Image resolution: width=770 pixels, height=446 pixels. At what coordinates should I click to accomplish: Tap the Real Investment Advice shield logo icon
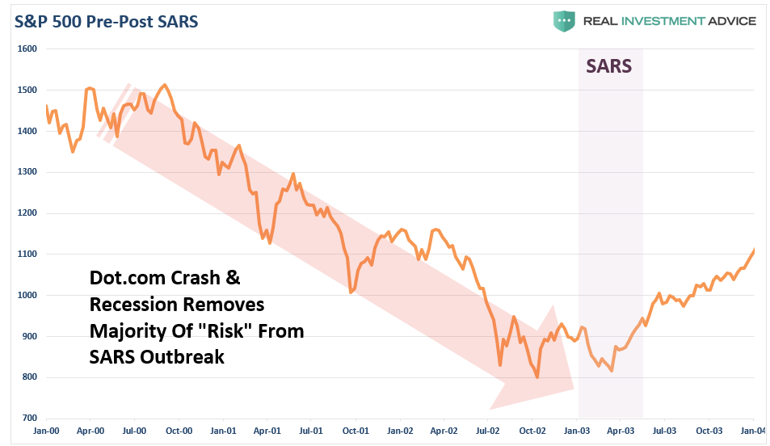tap(563, 21)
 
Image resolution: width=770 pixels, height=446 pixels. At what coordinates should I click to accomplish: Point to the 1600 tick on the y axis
tap(27, 48)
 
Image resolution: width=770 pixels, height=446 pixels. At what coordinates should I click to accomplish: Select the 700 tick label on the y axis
tap(29, 418)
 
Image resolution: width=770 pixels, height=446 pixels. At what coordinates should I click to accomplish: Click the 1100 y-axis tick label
tap(27, 254)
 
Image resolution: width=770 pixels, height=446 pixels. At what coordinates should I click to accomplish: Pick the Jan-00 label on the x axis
tap(46, 431)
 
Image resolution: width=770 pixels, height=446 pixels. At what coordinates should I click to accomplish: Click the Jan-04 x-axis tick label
tap(753, 431)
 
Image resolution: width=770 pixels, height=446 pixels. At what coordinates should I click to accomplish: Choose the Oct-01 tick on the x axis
tap(356, 431)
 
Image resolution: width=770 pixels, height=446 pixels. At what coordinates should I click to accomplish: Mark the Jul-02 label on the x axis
tap(489, 431)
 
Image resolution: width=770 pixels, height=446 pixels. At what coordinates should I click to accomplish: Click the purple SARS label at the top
tap(608, 65)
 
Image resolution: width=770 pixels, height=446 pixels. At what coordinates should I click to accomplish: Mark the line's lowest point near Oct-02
tap(537, 377)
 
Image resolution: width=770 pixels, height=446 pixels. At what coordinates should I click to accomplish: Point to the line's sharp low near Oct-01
tap(351, 292)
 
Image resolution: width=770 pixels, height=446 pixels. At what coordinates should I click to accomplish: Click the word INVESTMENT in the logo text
tap(651, 21)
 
